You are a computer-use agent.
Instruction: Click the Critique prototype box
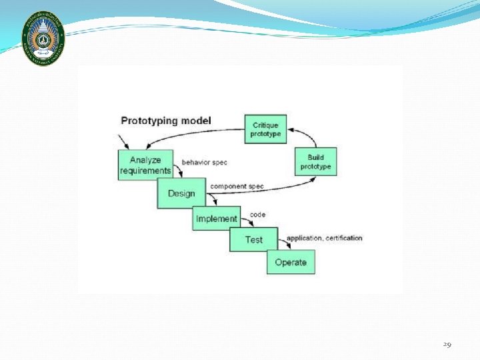[266, 129]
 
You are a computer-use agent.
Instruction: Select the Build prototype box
[315, 161]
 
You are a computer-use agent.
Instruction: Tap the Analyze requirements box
[145, 165]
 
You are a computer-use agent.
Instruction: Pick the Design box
[181, 193]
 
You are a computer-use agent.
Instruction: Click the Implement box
[217, 219]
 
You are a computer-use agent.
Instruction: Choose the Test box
[253, 239]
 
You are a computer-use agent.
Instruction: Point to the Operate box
[291, 262]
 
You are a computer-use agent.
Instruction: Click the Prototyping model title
[166, 121]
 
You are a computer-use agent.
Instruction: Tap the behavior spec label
[205, 163]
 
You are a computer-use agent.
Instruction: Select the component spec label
[237, 186]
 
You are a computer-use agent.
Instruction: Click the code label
[257, 215]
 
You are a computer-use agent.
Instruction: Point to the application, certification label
[325, 238]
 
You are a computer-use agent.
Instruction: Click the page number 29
[447, 345]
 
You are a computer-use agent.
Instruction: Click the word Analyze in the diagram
[145, 160]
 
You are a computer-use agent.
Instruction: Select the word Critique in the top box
[266, 125]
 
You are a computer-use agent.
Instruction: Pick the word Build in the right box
[316, 157]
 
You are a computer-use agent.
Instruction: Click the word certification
[344, 238]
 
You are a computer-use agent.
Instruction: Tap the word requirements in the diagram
[145, 171]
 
